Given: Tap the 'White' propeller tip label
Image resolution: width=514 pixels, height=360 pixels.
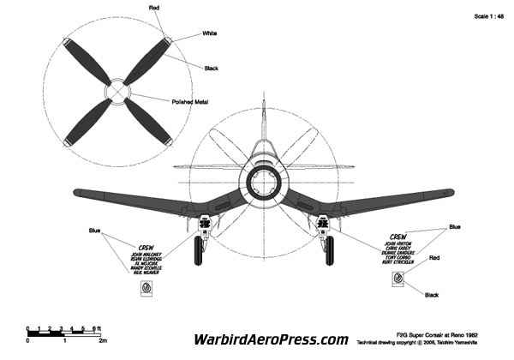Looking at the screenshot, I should click(209, 33).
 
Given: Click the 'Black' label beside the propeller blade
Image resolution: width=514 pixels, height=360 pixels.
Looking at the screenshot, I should click(212, 68).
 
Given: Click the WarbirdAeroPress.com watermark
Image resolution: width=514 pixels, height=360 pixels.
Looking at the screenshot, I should click(272, 339).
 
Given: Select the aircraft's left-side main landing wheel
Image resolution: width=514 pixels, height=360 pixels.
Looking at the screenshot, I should click(200, 251).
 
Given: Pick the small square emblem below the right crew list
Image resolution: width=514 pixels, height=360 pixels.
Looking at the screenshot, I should click(398, 278).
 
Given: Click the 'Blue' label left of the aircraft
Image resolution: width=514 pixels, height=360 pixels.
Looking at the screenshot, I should click(95, 231).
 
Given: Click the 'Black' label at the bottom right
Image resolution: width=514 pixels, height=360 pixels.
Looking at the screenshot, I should click(433, 295).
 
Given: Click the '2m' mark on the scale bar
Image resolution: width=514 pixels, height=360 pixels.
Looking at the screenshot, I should click(102, 340).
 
